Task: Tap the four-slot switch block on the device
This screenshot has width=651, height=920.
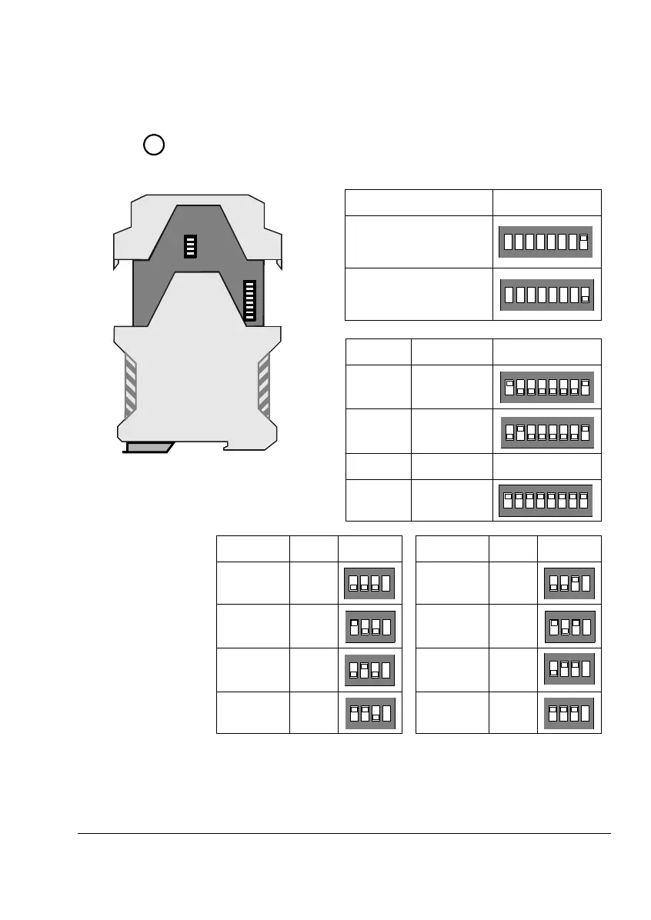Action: click(191, 246)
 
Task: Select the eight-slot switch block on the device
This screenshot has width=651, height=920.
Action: click(249, 301)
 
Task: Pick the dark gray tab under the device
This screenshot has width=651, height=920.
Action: click(150, 447)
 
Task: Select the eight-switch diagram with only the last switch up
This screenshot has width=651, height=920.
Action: click(546, 242)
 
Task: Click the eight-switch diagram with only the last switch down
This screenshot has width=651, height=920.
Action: click(546, 294)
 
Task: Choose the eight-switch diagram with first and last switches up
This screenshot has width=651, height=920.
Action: click(546, 386)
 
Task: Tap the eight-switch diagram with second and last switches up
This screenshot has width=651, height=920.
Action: click(546, 432)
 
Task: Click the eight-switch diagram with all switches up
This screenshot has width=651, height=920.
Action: click(546, 500)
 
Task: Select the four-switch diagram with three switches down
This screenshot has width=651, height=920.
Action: click(369, 582)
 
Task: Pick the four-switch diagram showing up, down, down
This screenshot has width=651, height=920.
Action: click(369, 626)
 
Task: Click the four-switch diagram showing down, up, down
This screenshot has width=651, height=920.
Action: click(369, 669)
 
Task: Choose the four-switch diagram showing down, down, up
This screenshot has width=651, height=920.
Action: click(569, 582)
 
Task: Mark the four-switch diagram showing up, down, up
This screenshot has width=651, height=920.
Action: click(569, 626)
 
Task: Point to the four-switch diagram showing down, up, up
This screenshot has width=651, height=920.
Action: click(569, 669)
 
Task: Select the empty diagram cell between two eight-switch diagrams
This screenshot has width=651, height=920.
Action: click(546, 466)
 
